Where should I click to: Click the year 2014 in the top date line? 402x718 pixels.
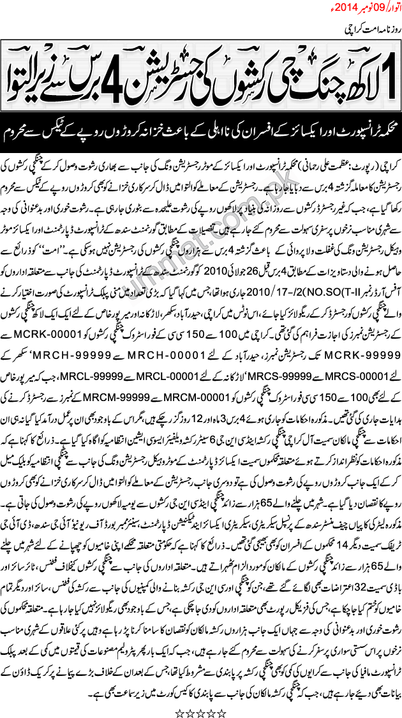[354, 9]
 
